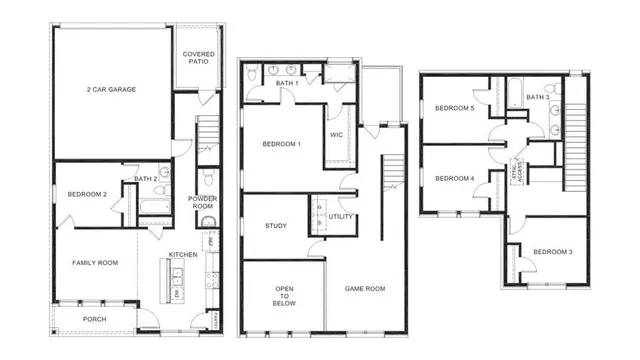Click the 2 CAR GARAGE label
[x=111, y=89]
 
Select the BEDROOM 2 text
[x=86, y=194]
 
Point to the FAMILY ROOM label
[x=95, y=262]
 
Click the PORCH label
[x=94, y=320]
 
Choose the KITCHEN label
[x=183, y=254]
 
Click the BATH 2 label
[x=146, y=180]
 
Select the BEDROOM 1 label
[x=282, y=144]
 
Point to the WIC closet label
[x=337, y=136]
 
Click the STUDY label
[x=276, y=226]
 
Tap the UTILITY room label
[x=340, y=216]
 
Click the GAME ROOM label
[x=365, y=288]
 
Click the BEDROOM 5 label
[x=455, y=108]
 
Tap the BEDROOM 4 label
[x=455, y=179]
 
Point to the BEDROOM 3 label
[x=552, y=251]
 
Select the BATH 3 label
[x=537, y=97]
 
